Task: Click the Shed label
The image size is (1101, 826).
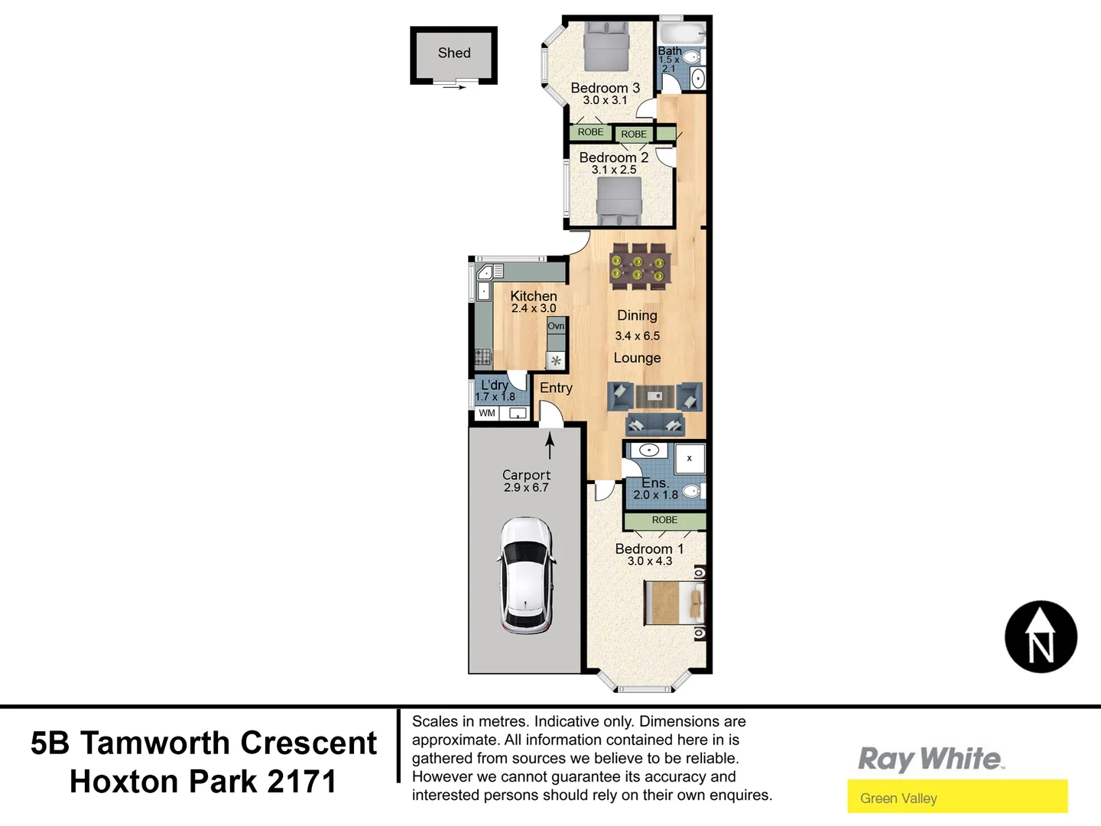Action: pos(454,53)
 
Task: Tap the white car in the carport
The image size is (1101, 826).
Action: pos(526,575)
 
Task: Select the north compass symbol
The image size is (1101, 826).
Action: pos(1041,637)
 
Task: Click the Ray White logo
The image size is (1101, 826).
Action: pos(930,759)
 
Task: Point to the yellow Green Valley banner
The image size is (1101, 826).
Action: pos(957,798)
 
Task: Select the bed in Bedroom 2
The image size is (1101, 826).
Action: pos(619,200)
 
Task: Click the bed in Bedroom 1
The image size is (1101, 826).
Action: pos(674,602)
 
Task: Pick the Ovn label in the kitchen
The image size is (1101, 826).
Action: pos(556,326)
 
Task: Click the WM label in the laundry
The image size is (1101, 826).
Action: pos(487,413)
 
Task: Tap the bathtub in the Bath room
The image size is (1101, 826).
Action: pos(682,34)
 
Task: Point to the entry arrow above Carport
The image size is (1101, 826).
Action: pos(550,445)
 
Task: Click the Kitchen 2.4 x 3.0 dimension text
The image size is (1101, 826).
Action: pos(534,308)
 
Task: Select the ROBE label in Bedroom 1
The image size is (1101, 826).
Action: pos(664,520)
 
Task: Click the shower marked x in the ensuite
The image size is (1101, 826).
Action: pos(690,458)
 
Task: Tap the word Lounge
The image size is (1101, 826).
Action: pos(637,358)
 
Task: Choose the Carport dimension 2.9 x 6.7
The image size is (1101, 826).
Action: pos(526,488)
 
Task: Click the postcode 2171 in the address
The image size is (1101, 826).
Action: pos(302,782)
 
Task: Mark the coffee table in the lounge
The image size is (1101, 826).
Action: pos(655,396)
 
